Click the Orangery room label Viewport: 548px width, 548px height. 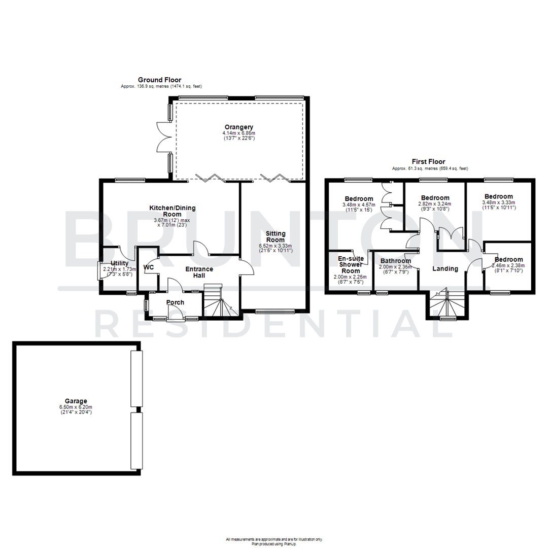239,127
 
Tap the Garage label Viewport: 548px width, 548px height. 75,401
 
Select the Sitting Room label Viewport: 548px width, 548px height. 276,236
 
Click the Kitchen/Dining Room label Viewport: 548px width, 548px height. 172,211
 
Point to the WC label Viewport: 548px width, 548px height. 149,267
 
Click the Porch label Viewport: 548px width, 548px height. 176,302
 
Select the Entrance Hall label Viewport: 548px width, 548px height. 199,272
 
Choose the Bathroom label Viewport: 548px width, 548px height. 396,261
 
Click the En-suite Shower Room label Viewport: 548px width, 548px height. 350,264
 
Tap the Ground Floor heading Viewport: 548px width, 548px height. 160,80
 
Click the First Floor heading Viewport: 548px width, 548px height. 429,161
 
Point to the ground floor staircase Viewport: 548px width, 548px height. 222,303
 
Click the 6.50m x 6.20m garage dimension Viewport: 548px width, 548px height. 75,407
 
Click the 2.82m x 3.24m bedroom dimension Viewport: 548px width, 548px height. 435,204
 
